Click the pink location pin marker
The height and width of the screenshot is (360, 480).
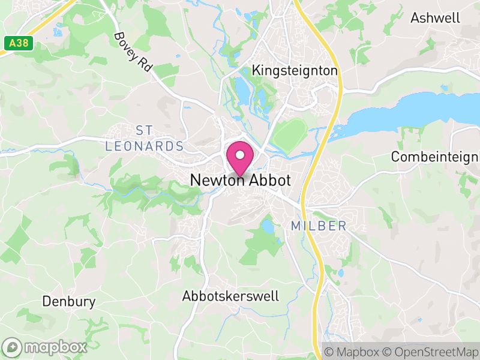click(x=240, y=158)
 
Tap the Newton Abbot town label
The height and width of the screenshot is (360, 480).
click(x=240, y=180)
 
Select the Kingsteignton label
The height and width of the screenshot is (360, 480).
click(x=295, y=71)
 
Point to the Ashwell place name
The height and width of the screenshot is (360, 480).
click(x=435, y=18)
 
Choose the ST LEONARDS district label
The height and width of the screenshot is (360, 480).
click(x=144, y=139)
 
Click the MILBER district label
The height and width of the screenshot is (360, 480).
click(x=319, y=226)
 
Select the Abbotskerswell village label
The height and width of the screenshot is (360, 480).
click(x=230, y=296)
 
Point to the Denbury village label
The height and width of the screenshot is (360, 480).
click(x=68, y=301)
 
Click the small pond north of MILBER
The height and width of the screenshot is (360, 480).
click(x=268, y=227)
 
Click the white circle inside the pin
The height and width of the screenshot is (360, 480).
click(x=240, y=155)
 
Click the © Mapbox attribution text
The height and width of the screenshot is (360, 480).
click(x=351, y=351)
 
